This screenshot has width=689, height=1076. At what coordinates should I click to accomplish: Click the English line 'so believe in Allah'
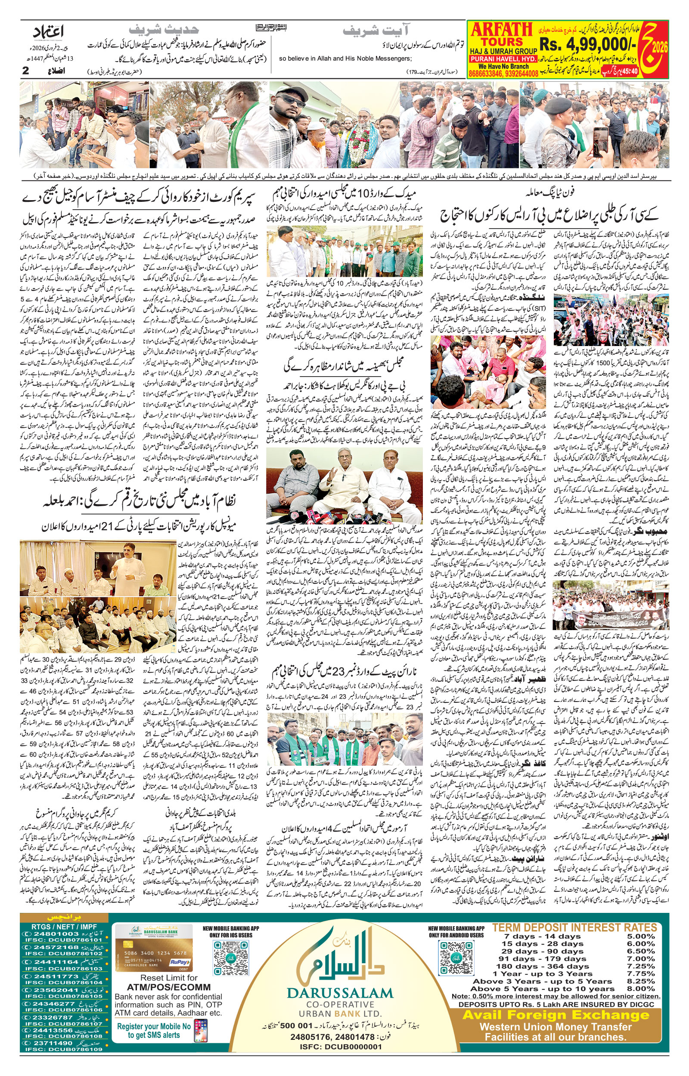[x=344, y=59]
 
